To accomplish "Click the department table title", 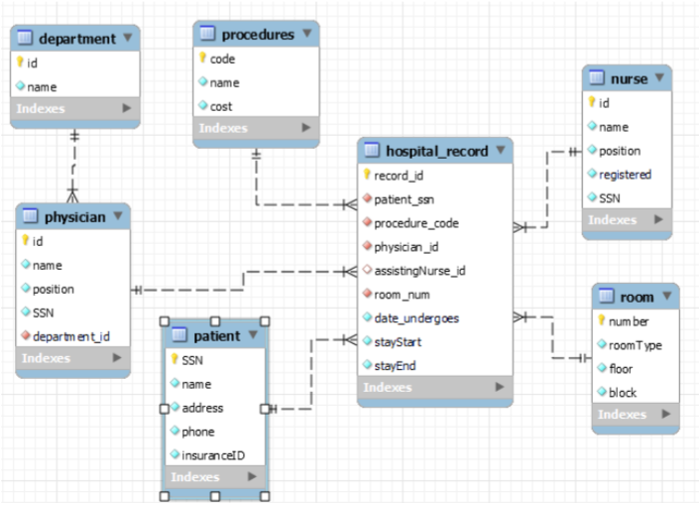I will point(76,39).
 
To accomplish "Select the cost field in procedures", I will point(221,106).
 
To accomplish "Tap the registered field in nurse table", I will point(625,175).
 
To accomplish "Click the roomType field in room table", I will point(635,345).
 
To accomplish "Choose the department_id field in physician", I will point(70,336).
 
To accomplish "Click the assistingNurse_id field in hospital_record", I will point(419,271).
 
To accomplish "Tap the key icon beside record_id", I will point(367,176).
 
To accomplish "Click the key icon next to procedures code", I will point(201,59).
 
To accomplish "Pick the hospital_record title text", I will point(436,151).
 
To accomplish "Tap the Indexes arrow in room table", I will point(661,415).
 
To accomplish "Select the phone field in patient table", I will point(198,432).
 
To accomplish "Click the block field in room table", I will point(623,392).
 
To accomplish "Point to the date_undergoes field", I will point(416,318).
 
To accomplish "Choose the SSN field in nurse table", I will point(611,198).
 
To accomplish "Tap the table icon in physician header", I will point(29,216).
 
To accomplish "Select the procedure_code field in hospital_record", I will point(415,223).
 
